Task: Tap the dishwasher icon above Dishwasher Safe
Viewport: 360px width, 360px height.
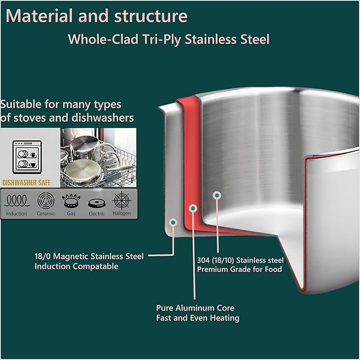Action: point(27,157)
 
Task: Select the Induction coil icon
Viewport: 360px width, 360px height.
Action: point(17,200)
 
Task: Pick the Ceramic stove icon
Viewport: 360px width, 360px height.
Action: point(46,200)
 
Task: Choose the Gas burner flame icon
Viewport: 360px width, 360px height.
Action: point(71,200)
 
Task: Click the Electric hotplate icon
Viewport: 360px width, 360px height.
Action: point(96,203)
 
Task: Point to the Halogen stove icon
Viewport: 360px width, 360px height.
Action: point(122,200)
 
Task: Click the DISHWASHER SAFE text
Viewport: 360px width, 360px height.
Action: point(27,183)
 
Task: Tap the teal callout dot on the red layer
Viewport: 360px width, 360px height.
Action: point(193,208)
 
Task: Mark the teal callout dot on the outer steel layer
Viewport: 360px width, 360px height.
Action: point(173,223)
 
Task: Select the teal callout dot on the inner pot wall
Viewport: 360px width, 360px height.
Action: point(217,196)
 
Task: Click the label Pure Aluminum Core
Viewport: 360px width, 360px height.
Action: point(195,308)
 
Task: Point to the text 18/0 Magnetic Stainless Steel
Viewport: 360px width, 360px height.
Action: point(89,256)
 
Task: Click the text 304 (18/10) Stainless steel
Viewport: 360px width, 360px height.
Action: point(240,260)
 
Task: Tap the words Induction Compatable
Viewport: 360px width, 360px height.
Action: point(76,266)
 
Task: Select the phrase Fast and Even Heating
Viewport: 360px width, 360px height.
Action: point(198,318)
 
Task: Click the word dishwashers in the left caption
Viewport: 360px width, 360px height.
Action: point(103,118)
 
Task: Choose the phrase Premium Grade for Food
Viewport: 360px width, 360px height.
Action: point(240,269)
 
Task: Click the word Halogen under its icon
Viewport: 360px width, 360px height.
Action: point(122,213)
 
